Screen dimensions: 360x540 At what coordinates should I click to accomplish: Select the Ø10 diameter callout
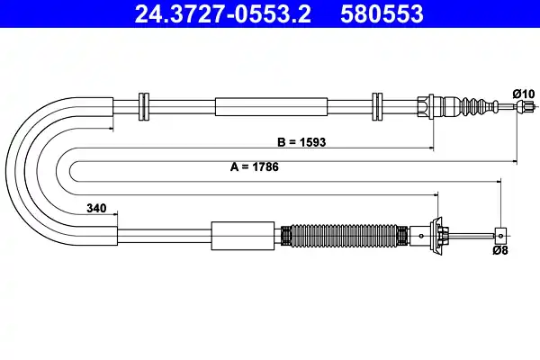click(x=523, y=94)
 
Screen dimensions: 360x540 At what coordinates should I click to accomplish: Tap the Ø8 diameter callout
click(x=502, y=251)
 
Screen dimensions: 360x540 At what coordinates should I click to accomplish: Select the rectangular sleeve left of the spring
click(x=244, y=236)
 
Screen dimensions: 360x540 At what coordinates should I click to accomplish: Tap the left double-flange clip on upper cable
click(x=142, y=106)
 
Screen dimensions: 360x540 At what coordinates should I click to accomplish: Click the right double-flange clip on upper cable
click(x=379, y=106)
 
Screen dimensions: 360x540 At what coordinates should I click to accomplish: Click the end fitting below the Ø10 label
click(x=519, y=107)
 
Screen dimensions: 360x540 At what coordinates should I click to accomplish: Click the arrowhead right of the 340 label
click(x=114, y=214)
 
